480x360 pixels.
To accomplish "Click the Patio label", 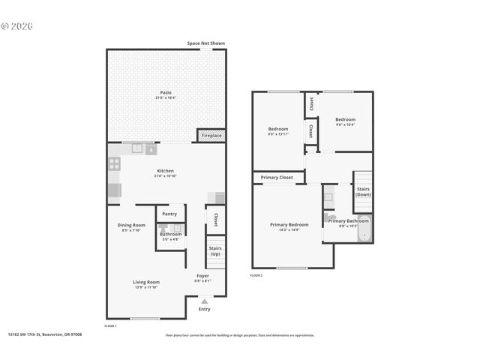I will coord(166,92).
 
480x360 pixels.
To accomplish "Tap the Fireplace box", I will coord(211,136).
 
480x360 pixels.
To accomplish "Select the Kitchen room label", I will coord(166,171).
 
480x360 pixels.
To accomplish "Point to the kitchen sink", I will coord(137,148).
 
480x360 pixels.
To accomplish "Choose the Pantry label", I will coord(170,214).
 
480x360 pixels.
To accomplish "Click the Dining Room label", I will coord(131,225).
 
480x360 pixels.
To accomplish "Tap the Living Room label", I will coord(146,282).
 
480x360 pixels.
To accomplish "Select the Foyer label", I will coord(202,276).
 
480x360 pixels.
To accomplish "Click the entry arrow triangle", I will coord(204,301).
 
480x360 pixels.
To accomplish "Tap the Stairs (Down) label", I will coord(363,192).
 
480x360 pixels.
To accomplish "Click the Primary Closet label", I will coord(277,178).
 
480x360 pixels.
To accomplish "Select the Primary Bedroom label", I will coord(289,224).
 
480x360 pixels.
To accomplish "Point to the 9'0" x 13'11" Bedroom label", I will coord(278,130).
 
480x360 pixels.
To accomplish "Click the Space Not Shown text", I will coord(205,43).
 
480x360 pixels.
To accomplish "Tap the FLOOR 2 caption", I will coord(256,276).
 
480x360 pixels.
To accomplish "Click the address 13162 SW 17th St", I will coord(45,335).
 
